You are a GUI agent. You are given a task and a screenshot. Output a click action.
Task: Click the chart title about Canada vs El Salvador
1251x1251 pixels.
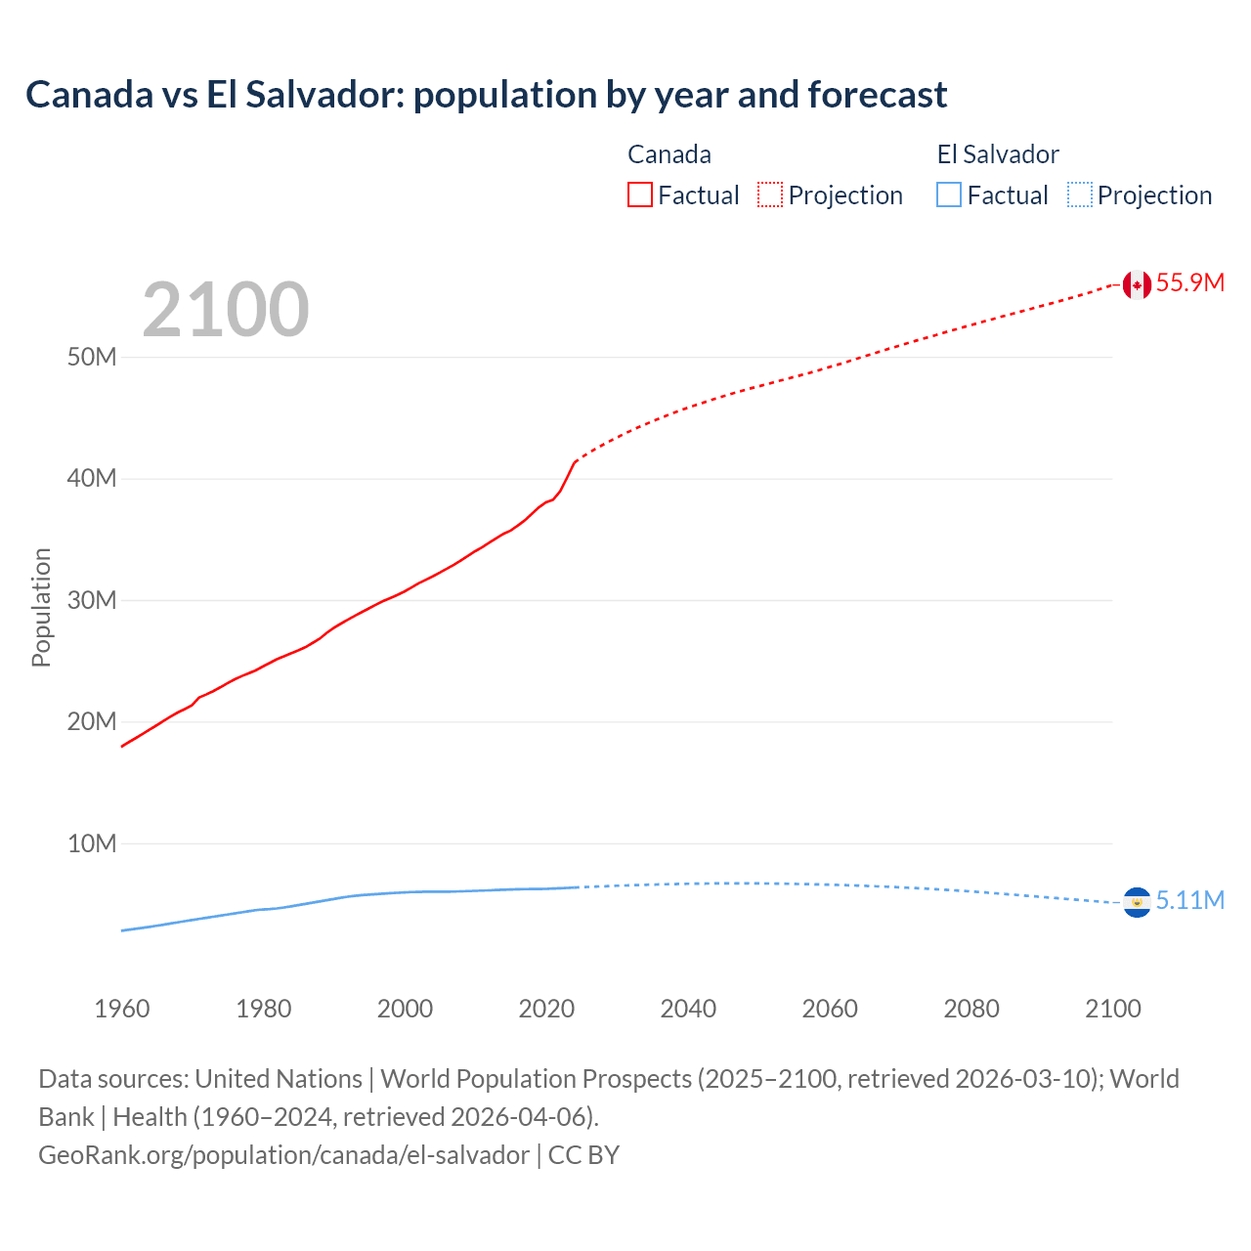coord(486,95)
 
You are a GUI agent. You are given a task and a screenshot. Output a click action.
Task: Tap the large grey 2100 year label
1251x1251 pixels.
coord(226,310)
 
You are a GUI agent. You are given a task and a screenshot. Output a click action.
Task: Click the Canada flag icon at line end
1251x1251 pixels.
coord(1136,284)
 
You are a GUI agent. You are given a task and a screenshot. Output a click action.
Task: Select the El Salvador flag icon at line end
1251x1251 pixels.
coord(1136,902)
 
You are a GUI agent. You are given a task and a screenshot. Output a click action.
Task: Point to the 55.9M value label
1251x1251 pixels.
coord(1189,283)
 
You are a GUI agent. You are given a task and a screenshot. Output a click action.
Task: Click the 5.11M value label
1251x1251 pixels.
coord(1189,901)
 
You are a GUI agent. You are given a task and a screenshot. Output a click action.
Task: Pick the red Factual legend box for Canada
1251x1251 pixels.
coord(639,195)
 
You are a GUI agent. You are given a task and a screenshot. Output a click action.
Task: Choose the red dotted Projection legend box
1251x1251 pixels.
coord(770,195)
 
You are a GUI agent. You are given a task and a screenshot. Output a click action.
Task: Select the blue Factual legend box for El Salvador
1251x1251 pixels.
coord(948,195)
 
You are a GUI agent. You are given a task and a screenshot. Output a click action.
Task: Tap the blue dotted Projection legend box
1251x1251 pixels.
coord(1079,195)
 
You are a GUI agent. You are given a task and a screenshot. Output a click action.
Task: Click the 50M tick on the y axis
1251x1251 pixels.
coord(92,358)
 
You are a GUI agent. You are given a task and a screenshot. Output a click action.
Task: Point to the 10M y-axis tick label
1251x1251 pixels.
coord(92,843)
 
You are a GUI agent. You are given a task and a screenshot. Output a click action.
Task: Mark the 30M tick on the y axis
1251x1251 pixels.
coord(92,600)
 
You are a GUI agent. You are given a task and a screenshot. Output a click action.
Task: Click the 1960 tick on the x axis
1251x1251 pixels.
coord(122,1009)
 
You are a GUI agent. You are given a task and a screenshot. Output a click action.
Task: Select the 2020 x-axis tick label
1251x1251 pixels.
coord(546,1009)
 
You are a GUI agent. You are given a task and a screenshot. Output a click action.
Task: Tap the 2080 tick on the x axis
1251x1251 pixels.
coord(971,1009)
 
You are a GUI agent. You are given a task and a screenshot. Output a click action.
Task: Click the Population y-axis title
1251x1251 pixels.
coord(41,607)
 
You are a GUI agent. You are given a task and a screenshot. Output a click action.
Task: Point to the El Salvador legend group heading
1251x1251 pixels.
coord(998,154)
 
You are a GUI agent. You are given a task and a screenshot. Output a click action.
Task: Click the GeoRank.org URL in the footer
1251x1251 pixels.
coord(283,1155)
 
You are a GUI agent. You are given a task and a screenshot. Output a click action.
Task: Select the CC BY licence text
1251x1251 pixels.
coord(583,1155)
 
